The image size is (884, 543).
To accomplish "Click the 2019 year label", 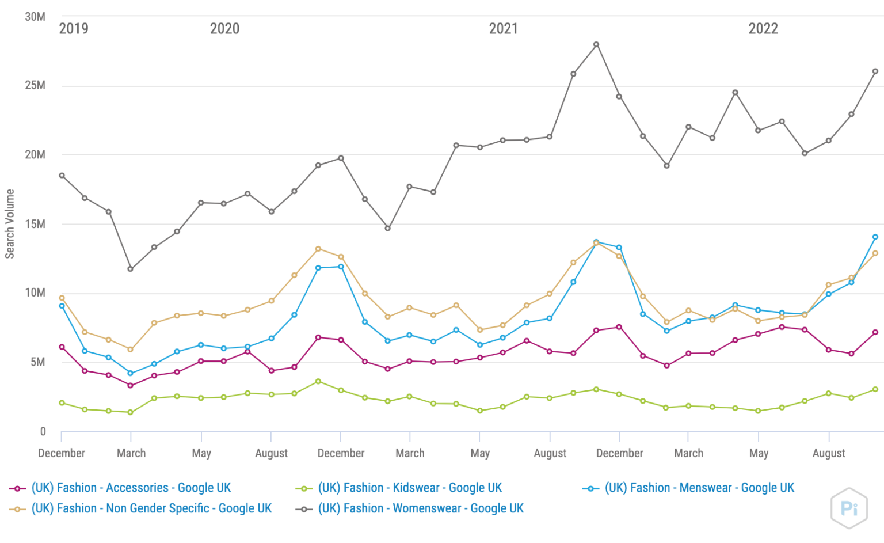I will click(74, 28).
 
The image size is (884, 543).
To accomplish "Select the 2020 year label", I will click(224, 28).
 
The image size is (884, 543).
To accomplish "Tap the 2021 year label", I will click(503, 28).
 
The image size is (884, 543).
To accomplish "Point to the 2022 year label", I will click(763, 28).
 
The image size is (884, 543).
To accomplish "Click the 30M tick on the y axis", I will click(35, 17).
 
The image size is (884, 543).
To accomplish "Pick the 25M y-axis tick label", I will click(35, 85).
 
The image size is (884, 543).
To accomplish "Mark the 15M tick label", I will click(35, 224).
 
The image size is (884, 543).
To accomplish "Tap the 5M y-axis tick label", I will click(38, 362).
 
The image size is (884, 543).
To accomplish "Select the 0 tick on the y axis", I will click(43, 431).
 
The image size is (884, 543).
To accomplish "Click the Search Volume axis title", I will click(10, 224).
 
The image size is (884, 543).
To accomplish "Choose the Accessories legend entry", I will click(131, 488).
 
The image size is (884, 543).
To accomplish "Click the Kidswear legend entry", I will click(410, 488).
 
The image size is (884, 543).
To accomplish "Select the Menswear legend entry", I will click(699, 488).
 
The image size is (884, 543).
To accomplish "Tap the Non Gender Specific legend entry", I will click(151, 508).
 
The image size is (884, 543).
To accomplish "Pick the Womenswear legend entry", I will click(421, 508).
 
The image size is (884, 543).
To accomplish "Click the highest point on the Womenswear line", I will click(596, 44).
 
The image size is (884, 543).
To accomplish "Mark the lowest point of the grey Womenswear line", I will click(131, 269).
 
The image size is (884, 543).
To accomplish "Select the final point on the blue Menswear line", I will click(875, 237).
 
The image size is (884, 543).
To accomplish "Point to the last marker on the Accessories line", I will click(875, 332).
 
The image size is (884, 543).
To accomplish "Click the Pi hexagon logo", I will click(849, 508).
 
